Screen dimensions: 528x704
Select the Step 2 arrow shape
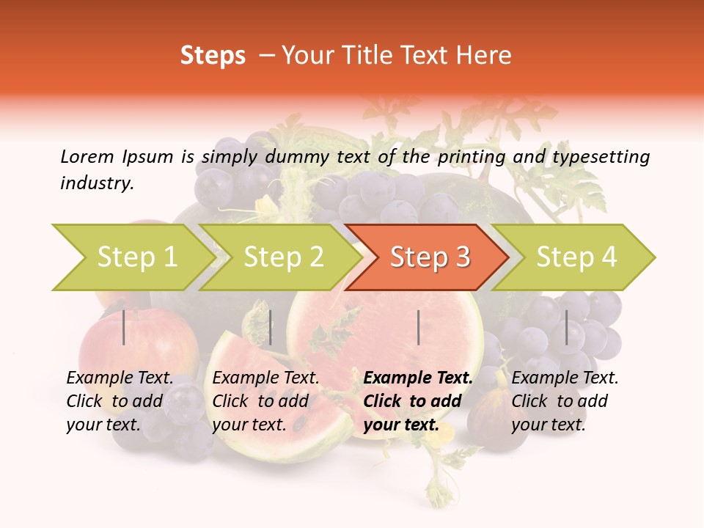click(282, 257)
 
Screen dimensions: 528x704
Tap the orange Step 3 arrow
click(429, 257)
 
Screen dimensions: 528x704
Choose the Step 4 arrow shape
click(576, 257)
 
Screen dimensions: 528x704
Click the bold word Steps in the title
click(213, 56)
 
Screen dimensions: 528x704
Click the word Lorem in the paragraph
click(87, 156)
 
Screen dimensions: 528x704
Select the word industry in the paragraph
click(96, 183)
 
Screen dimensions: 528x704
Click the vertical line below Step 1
click(124, 327)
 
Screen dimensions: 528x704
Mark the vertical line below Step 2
click(271, 327)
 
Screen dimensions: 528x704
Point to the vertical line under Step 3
click(418, 327)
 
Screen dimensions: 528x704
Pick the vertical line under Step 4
click(566, 327)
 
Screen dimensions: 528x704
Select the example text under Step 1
click(120, 401)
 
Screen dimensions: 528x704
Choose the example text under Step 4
click(565, 401)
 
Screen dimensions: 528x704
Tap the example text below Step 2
click(265, 401)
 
